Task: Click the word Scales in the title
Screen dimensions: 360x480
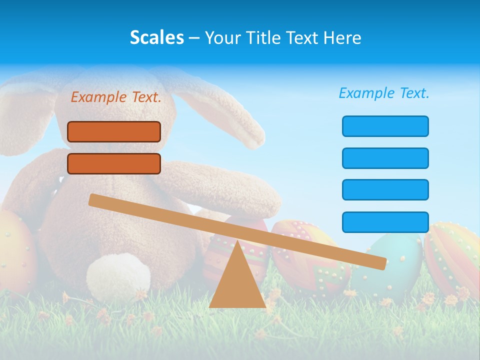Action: click(157, 37)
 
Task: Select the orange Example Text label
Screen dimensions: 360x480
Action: click(116, 97)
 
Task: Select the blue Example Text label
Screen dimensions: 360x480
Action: click(384, 93)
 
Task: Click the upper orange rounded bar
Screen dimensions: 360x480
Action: click(114, 131)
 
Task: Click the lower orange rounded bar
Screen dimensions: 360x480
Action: click(114, 163)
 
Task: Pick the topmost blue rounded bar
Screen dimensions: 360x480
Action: click(385, 126)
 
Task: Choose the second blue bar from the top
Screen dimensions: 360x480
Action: click(385, 158)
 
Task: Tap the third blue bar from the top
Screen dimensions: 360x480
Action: click(385, 189)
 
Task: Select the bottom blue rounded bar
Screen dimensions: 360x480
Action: click(385, 222)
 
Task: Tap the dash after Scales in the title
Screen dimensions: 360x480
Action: click(194, 38)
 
